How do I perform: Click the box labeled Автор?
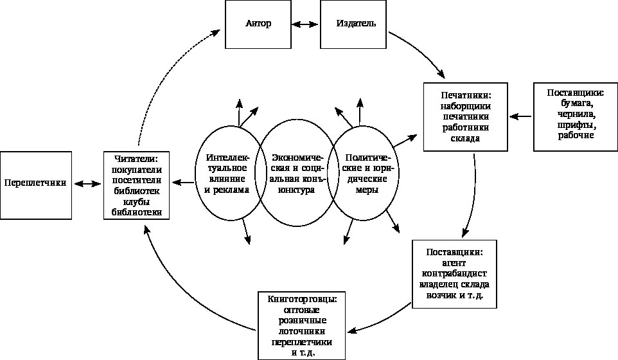coord(258,24)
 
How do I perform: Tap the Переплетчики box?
coord(35,183)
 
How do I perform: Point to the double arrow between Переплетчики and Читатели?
coord(87,183)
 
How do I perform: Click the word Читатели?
coord(136,158)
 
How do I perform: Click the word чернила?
coord(574,114)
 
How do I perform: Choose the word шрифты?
coord(574,125)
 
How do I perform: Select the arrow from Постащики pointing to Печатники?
coord(521,116)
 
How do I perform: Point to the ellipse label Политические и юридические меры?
coord(364,174)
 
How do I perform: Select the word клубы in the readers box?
coord(136,201)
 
